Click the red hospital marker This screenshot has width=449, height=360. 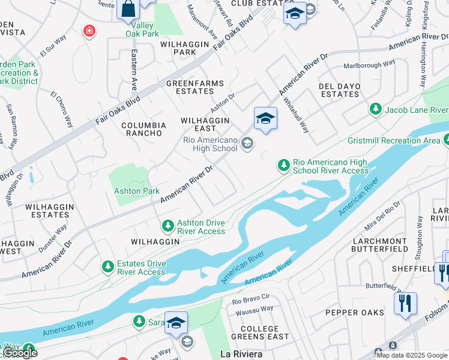(x=89, y=31)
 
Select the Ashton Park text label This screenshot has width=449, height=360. (x=137, y=191)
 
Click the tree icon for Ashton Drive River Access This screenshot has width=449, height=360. (x=168, y=226)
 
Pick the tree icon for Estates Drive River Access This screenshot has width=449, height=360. (x=107, y=266)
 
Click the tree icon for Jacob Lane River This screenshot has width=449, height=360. (x=375, y=109)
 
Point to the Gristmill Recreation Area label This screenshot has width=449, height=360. (x=393, y=140)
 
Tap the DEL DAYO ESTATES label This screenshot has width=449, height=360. (x=340, y=90)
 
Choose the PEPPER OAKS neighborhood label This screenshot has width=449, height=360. (x=354, y=313)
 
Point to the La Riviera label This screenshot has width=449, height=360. (x=241, y=354)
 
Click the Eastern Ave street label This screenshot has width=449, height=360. (x=134, y=66)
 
